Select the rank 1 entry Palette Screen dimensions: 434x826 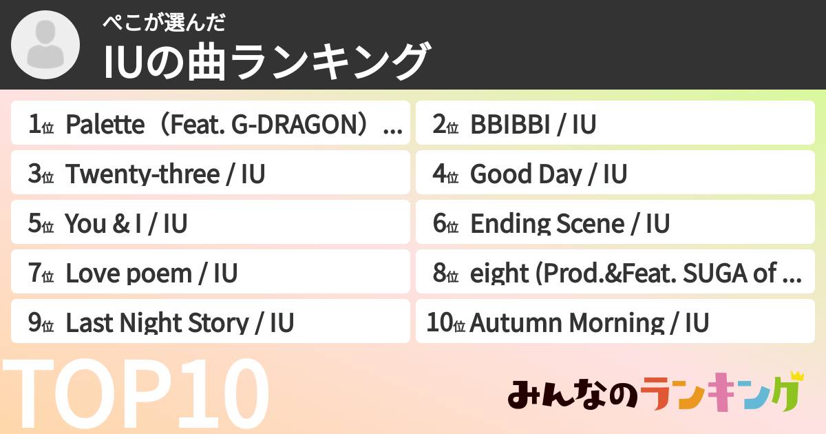coord(211,125)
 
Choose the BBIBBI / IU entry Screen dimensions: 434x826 coord(615,125)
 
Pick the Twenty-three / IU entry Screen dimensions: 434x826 coord(211,174)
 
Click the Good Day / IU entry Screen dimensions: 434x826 coord(615,174)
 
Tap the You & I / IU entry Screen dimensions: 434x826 coord(211,224)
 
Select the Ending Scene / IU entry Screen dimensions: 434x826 coord(615,224)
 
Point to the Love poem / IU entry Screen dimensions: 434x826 coord(211,273)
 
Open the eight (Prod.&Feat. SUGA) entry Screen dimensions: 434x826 coord(615,273)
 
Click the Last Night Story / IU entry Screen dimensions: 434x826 coord(211,323)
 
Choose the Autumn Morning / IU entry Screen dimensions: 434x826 coord(615,323)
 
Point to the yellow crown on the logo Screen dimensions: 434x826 coord(796,376)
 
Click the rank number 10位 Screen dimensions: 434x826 coord(446,323)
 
